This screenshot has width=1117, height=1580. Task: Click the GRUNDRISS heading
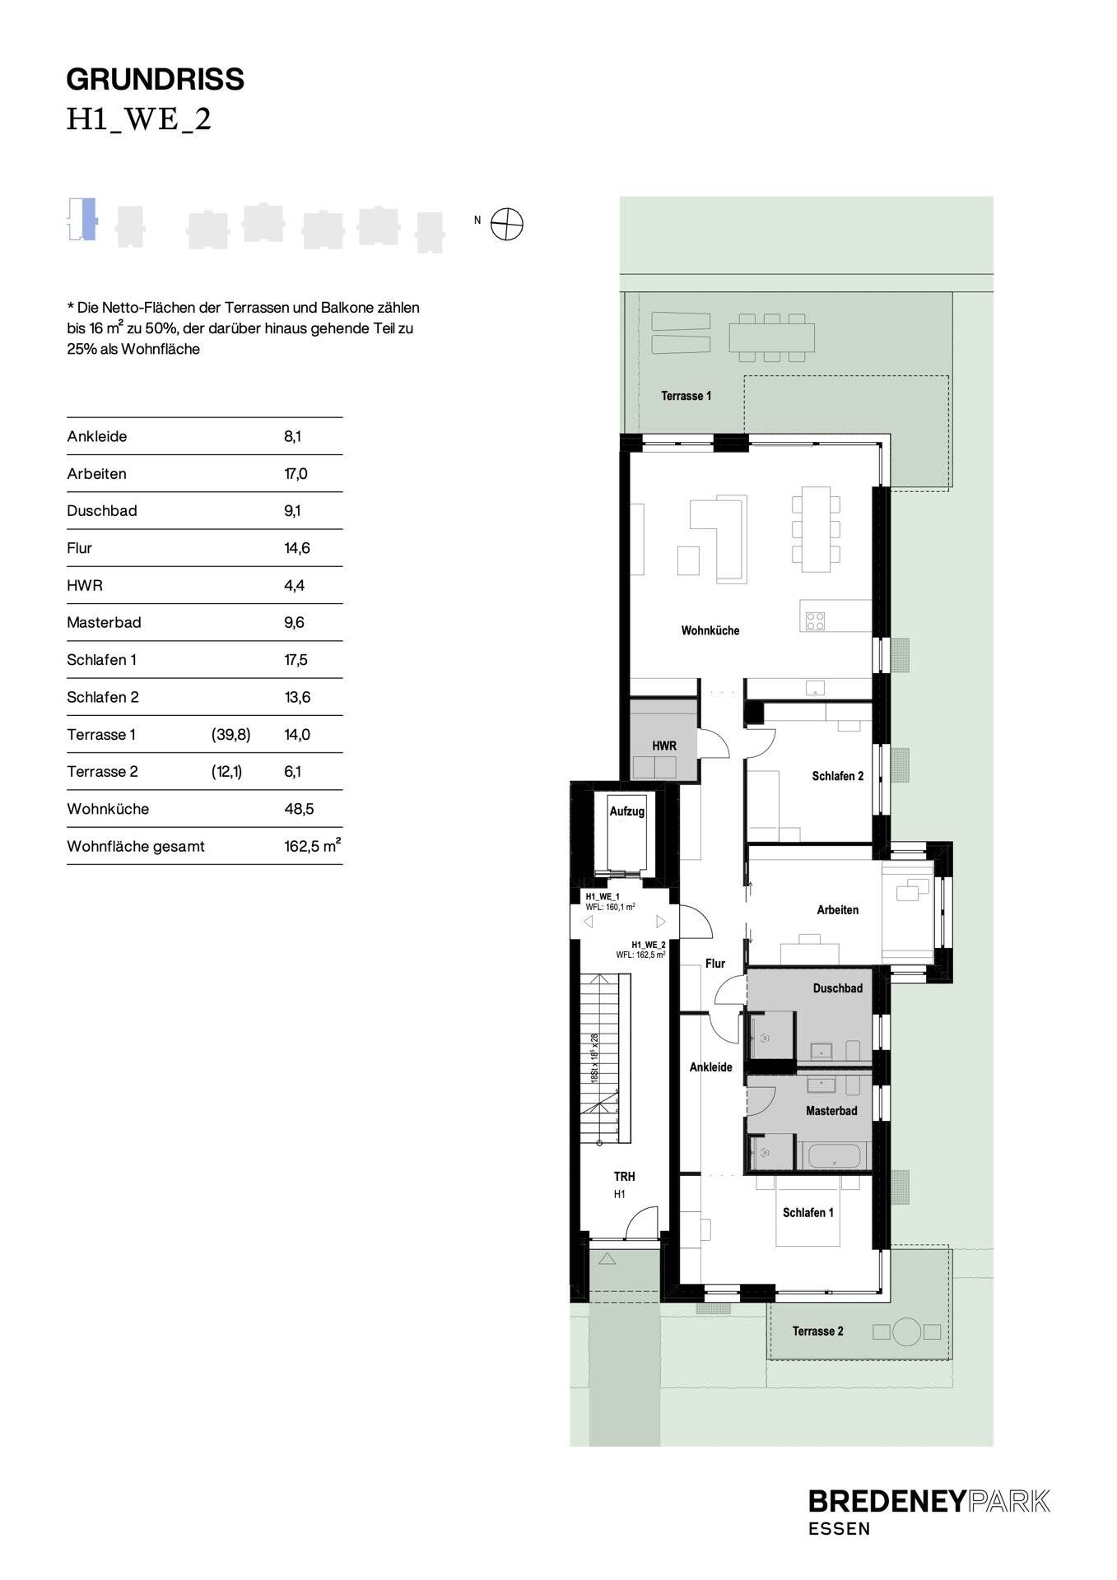coord(155,80)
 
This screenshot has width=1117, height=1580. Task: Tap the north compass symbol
coord(506,224)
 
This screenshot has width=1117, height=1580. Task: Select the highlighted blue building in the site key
coord(88,219)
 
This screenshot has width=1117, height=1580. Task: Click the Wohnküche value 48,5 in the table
coord(299,809)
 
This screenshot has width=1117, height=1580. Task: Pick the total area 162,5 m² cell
coord(312,846)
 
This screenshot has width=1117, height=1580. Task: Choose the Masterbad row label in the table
coord(104,623)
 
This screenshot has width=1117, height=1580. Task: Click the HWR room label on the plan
coord(664,746)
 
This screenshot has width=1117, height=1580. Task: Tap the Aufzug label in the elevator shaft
coord(626,811)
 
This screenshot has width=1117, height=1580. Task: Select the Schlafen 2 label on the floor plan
coord(837,776)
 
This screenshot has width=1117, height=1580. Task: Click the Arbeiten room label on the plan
coord(837,910)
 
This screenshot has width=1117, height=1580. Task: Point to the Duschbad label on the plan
coord(837,988)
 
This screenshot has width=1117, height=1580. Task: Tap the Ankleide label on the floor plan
coord(710,1067)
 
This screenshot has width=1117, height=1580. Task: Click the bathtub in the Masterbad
coord(835,1156)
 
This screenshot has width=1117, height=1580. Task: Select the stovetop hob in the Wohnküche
coord(815,620)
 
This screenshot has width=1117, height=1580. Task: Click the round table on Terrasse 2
coord(906,1331)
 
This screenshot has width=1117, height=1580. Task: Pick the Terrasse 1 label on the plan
coord(686,396)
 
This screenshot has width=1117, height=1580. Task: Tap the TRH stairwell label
coord(624,1177)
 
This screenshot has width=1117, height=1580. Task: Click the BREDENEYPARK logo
coord(929,1501)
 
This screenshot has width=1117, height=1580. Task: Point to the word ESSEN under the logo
coord(839,1529)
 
